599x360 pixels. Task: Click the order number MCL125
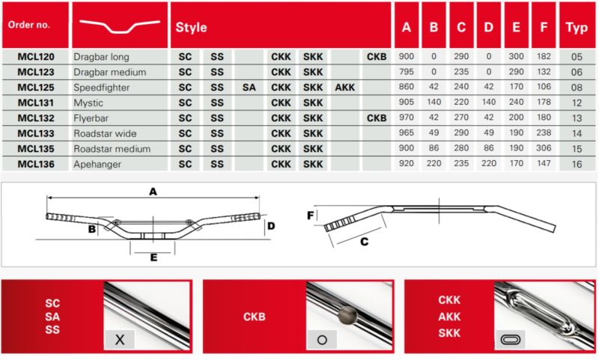coord(36,88)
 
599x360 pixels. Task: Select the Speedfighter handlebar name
coord(101,88)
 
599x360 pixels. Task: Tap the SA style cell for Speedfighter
coord(249,88)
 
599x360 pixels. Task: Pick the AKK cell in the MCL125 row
coord(344,88)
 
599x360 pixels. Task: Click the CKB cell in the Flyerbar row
coord(377,118)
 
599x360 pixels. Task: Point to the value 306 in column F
coord(544,148)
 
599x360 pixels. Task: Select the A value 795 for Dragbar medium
coord(406,72)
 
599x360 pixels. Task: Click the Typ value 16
coord(577,164)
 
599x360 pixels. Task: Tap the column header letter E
coord(516,27)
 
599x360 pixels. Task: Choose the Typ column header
coord(577,28)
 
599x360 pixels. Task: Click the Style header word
coord(191,28)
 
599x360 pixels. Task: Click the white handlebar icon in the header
coord(120,26)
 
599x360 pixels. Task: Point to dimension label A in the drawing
coord(153,192)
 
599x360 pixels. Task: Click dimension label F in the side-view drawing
coord(311,216)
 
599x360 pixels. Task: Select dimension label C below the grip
coord(364,242)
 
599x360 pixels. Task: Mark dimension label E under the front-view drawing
coord(153,257)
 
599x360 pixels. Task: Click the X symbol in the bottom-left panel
coord(120,339)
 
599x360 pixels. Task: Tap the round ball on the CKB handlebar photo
coord(347,314)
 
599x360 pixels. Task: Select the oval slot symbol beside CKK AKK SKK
coord(511,339)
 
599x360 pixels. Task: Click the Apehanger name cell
coord(97,164)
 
